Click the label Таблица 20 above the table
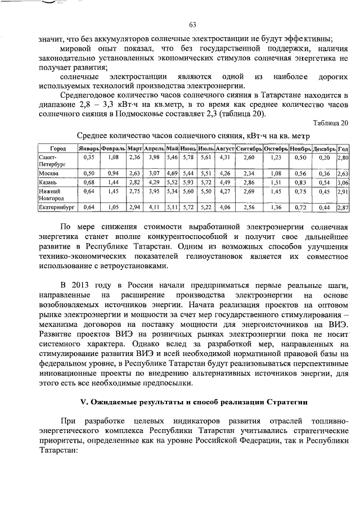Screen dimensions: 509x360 click(332, 123)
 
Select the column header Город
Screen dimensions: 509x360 click(57, 148)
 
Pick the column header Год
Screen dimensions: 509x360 click(343, 148)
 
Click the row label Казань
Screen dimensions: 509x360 click(49, 183)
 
